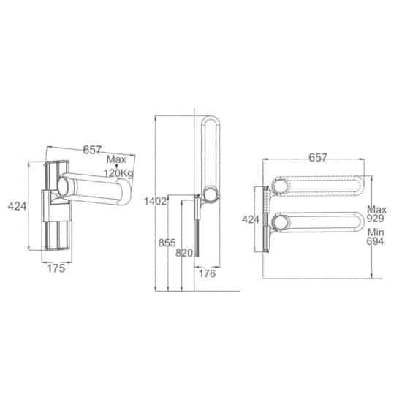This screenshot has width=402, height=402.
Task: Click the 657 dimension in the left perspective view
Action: coord(92,150)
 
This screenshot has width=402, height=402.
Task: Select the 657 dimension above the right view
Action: coord(318,158)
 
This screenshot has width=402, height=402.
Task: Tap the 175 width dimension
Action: coord(56,268)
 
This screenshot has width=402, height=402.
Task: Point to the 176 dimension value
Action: coord(207,274)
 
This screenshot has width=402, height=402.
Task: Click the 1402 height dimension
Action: coord(156,202)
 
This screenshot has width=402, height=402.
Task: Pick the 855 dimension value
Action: coord(167,243)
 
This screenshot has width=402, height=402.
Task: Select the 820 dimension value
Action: coord(184,253)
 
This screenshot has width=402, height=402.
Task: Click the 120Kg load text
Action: coord(118,173)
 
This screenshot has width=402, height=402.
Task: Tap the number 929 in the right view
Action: coord(375,219)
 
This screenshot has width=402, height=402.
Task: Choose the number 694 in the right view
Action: coord(375,241)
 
